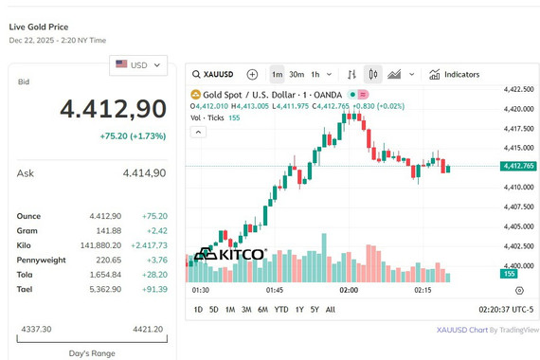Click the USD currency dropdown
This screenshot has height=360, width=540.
pos(138,65)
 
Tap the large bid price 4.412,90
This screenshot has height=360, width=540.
pos(114,109)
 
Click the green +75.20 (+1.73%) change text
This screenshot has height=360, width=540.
pos(133,136)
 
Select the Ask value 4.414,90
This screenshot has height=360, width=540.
pos(144,173)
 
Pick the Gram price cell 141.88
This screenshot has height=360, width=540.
pos(109,231)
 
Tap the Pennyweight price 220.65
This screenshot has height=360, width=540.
pos(109,260)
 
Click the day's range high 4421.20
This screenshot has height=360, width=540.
pos(148,329)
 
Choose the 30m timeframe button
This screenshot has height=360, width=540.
pos(297,75)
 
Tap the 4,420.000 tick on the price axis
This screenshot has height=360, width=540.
pos(517,109)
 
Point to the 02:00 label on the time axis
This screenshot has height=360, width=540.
pos(349,290)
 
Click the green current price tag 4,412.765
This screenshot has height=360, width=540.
pos(518,166)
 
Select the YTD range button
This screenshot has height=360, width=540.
pos(281,310)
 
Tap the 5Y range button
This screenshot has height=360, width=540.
pos(315,310)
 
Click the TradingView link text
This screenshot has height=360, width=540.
pos(518,330)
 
